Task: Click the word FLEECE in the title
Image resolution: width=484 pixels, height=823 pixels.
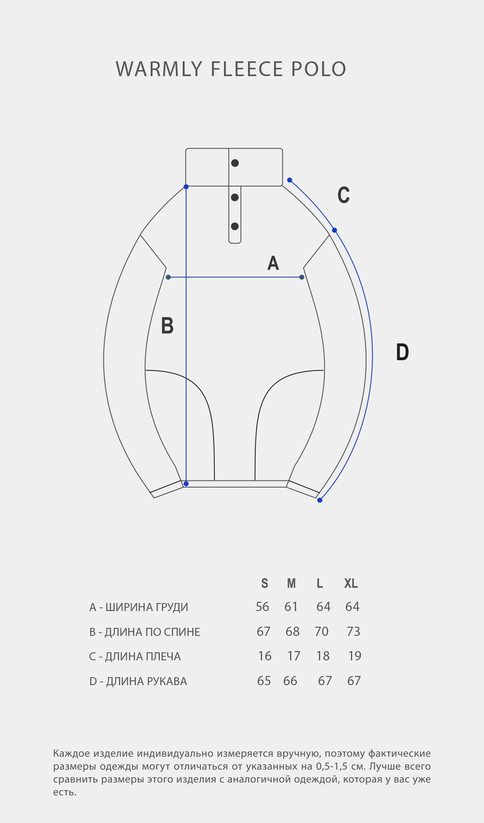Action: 247,69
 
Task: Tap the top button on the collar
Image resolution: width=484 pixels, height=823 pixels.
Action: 235,163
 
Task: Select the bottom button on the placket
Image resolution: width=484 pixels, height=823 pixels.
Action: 235,226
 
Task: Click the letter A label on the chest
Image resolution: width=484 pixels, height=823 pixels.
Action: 273,263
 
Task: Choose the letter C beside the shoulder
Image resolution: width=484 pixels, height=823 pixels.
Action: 344,195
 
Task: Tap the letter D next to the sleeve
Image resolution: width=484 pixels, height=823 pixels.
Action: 402,352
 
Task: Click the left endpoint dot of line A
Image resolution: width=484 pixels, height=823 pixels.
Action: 168,277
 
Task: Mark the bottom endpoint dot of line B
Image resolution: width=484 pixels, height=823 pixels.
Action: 186,484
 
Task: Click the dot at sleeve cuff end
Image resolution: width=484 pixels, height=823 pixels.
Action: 320,500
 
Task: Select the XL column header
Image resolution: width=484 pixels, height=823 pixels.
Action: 351,583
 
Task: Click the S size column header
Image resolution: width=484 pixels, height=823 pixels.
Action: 264,583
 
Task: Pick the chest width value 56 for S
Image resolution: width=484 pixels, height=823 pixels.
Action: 262,607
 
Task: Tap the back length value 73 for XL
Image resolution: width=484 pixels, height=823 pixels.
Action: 354,631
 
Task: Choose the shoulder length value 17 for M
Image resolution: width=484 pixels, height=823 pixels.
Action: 294,656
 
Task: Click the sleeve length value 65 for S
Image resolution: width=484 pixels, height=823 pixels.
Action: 264,681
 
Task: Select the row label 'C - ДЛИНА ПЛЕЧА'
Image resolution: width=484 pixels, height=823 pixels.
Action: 135,656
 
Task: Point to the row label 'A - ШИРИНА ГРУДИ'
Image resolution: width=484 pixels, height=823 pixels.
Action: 139,607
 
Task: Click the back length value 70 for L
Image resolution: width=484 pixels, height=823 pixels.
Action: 322,631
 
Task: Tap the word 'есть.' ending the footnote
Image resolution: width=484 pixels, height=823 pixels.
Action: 65,792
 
